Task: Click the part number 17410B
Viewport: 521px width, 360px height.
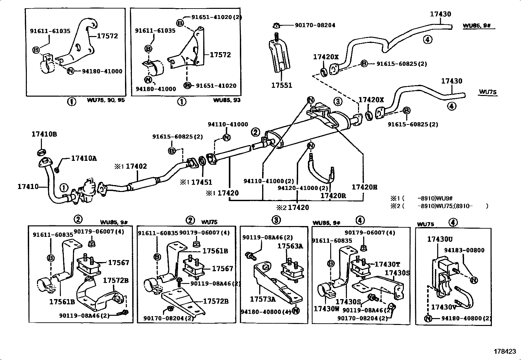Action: point(44,134)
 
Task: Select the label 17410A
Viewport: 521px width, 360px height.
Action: point(84,158)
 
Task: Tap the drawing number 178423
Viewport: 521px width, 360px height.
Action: point(505,351)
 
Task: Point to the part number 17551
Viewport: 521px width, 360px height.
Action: point(281,85)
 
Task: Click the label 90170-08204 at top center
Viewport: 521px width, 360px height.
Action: point(315,25)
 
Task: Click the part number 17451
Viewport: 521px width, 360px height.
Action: point(201,182)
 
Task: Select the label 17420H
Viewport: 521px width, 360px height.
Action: point(364,187)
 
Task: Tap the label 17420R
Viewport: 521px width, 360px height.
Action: point(333,196)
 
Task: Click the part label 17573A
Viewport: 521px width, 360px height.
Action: point(262,299)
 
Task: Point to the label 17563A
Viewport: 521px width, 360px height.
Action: point(290,246)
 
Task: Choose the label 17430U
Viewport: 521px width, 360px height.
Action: point(440,239)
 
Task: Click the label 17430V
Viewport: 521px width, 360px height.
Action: point(443,307)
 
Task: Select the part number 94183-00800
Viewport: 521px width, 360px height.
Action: point(464,250)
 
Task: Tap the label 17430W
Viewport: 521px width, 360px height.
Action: point(326,309)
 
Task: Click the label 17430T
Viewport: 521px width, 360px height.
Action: point(387,264)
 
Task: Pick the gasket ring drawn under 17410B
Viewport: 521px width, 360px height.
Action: point(42,152)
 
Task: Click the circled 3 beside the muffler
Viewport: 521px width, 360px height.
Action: point(338,101)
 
